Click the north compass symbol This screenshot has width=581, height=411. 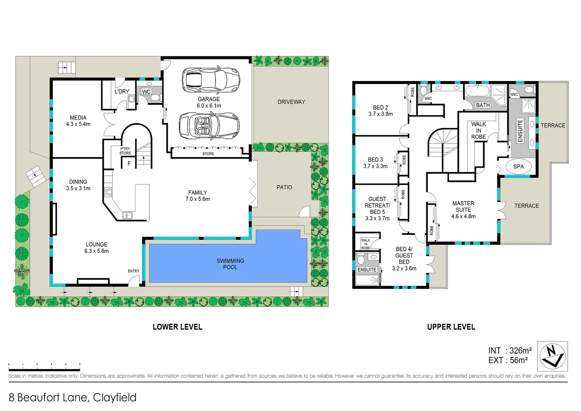(552, 356)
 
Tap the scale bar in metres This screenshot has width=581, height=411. (44, 369)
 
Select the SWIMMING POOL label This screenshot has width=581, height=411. (230, 264)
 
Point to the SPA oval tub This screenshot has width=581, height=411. (518, 167)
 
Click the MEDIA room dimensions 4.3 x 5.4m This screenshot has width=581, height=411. (78, 124)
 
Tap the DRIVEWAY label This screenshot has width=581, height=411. (291, 102)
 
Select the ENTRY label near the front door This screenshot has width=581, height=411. (133, 271)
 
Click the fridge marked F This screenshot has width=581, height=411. (129, 163)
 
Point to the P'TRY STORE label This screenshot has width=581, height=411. (125, 151)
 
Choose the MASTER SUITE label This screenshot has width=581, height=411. (463, 207)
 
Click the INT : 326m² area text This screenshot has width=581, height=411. (510, 350)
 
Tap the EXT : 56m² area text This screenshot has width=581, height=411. (508, 360)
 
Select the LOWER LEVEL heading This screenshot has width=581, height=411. (177, 327)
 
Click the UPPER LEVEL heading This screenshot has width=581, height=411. (451, 327)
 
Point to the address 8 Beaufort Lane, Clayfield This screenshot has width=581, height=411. (72, 397)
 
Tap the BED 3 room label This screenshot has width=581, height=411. (375, 160)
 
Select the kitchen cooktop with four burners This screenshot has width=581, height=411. (108, 192)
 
